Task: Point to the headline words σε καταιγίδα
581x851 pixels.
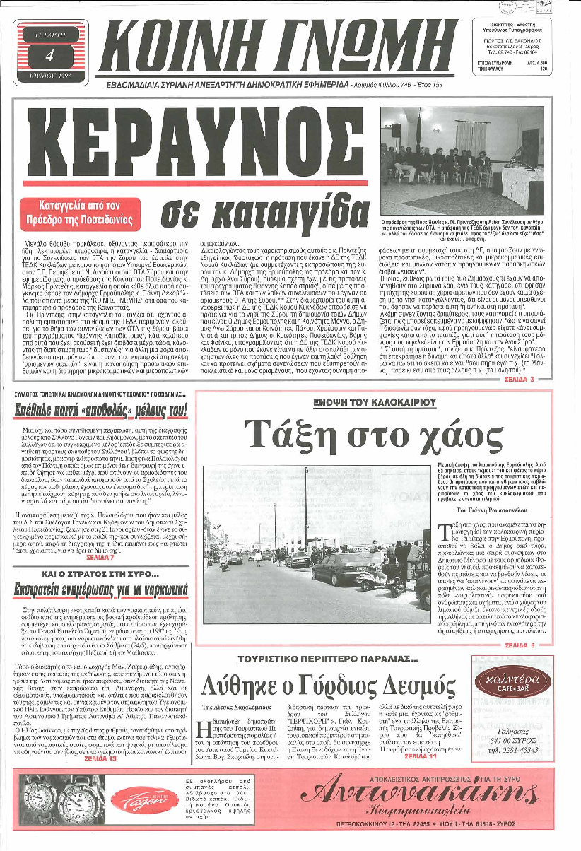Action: pos(257,211)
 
